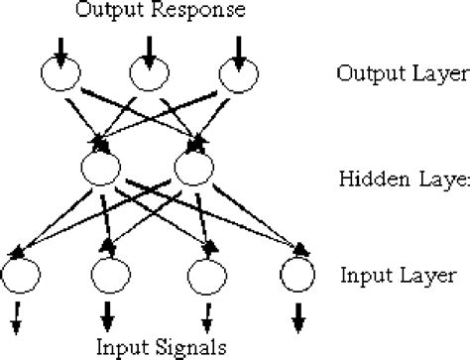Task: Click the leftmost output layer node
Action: click(60, 74)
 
